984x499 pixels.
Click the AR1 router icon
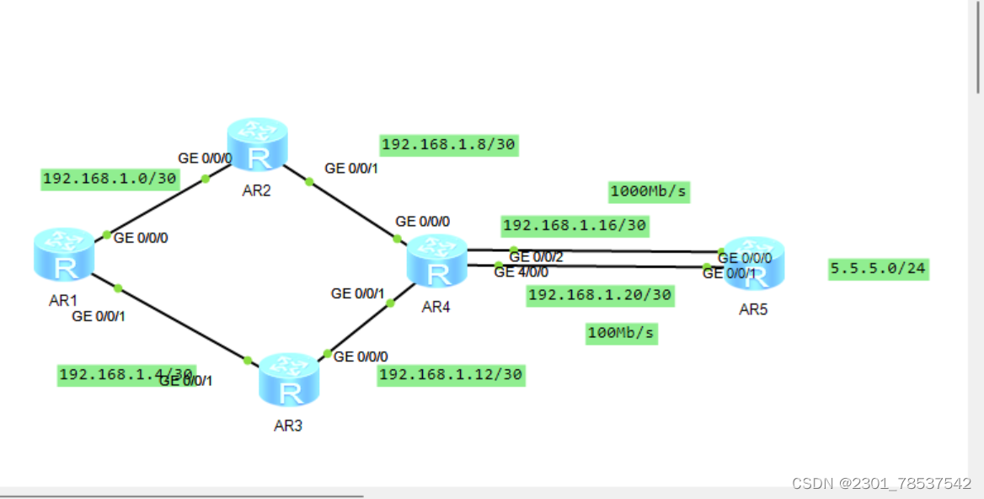(x=64, y=255)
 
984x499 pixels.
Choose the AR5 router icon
(x=755, y=262)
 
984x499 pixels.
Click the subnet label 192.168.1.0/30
(x=110, y=179)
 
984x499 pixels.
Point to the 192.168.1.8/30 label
(x=448, y=145)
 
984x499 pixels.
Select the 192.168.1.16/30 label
(x=575, y=226)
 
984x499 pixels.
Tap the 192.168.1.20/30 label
(x=600, y=295)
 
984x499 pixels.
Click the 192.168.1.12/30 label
(x=451, y=374)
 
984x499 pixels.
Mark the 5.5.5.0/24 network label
(x=879, y=269)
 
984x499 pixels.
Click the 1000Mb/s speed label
(x=649, y=192)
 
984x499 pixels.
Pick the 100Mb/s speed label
(x=621, y=333)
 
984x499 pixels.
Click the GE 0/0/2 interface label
(x=536, y=257)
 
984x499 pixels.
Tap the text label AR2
(x=256, y=190)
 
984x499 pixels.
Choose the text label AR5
(x=753, y=309)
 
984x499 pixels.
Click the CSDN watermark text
(x=881, y=483)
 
